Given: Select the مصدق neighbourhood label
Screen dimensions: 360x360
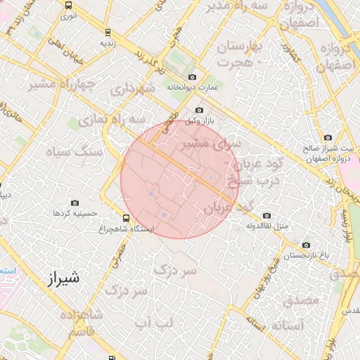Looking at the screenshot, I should [302, 300].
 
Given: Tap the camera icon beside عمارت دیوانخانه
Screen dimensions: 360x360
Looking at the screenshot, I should [192, 77].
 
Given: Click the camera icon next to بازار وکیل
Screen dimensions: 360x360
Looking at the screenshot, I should [199, 110].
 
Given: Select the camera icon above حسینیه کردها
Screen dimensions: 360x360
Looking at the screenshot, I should [75, 202].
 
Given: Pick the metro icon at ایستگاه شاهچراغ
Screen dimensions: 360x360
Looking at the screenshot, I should [126, 218].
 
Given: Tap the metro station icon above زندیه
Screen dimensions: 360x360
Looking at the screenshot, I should [107, 32].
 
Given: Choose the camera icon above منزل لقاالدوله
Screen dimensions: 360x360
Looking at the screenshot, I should [266, 215].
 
